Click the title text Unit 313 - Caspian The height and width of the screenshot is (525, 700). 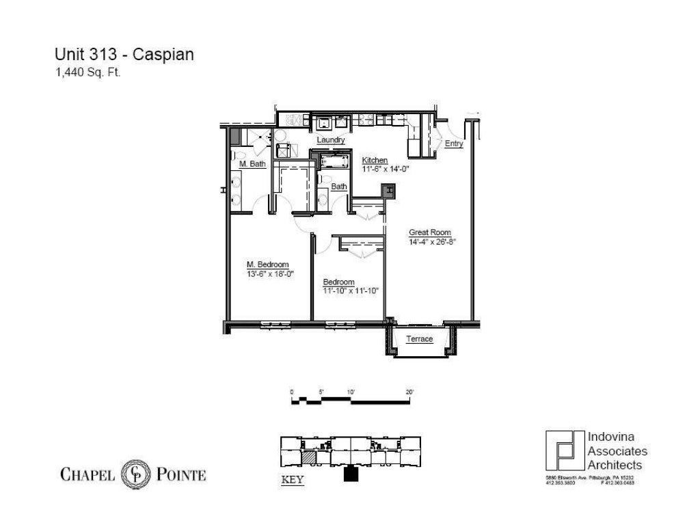(124, 55)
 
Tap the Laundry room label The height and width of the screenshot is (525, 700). (330, 140)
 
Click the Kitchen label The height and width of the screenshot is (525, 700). (375, 160)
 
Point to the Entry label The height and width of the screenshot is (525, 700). (454, 144)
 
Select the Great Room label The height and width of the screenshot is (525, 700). (429, 232)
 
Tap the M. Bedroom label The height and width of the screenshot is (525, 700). (267, 265)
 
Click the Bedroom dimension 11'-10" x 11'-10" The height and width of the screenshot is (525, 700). (351, 291)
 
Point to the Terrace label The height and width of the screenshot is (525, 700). (419, 338)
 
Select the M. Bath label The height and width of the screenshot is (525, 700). (252, 164)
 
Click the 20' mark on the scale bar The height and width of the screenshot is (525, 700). (409, 392)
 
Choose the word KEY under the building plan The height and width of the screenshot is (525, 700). (293, 480)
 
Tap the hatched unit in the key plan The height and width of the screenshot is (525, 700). (310, 456)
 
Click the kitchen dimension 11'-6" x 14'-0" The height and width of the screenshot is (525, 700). (384, 168)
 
